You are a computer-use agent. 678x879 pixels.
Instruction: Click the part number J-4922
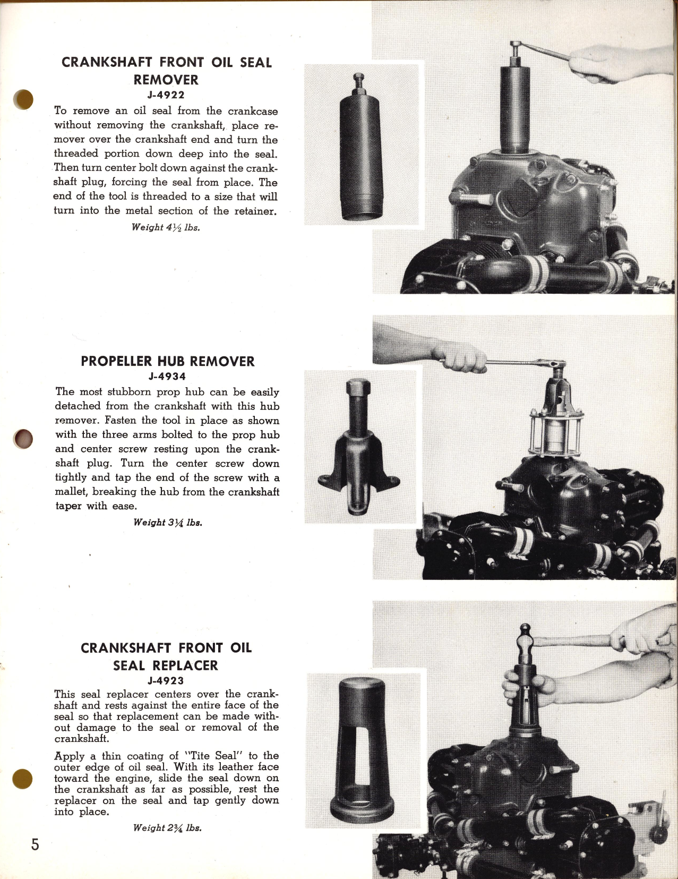166,96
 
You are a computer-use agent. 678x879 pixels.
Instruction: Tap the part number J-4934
167,377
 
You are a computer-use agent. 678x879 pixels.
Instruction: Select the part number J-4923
166,680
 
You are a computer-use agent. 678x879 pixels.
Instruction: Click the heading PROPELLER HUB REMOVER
167,362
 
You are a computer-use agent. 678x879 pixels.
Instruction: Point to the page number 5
35,844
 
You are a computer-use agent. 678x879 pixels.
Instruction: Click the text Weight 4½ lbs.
166,227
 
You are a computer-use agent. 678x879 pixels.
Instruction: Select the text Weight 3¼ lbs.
167,523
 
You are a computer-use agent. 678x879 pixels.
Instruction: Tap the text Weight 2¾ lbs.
167,828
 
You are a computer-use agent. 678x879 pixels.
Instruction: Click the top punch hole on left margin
24,99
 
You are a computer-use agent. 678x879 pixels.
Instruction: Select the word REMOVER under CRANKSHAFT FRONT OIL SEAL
166,80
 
